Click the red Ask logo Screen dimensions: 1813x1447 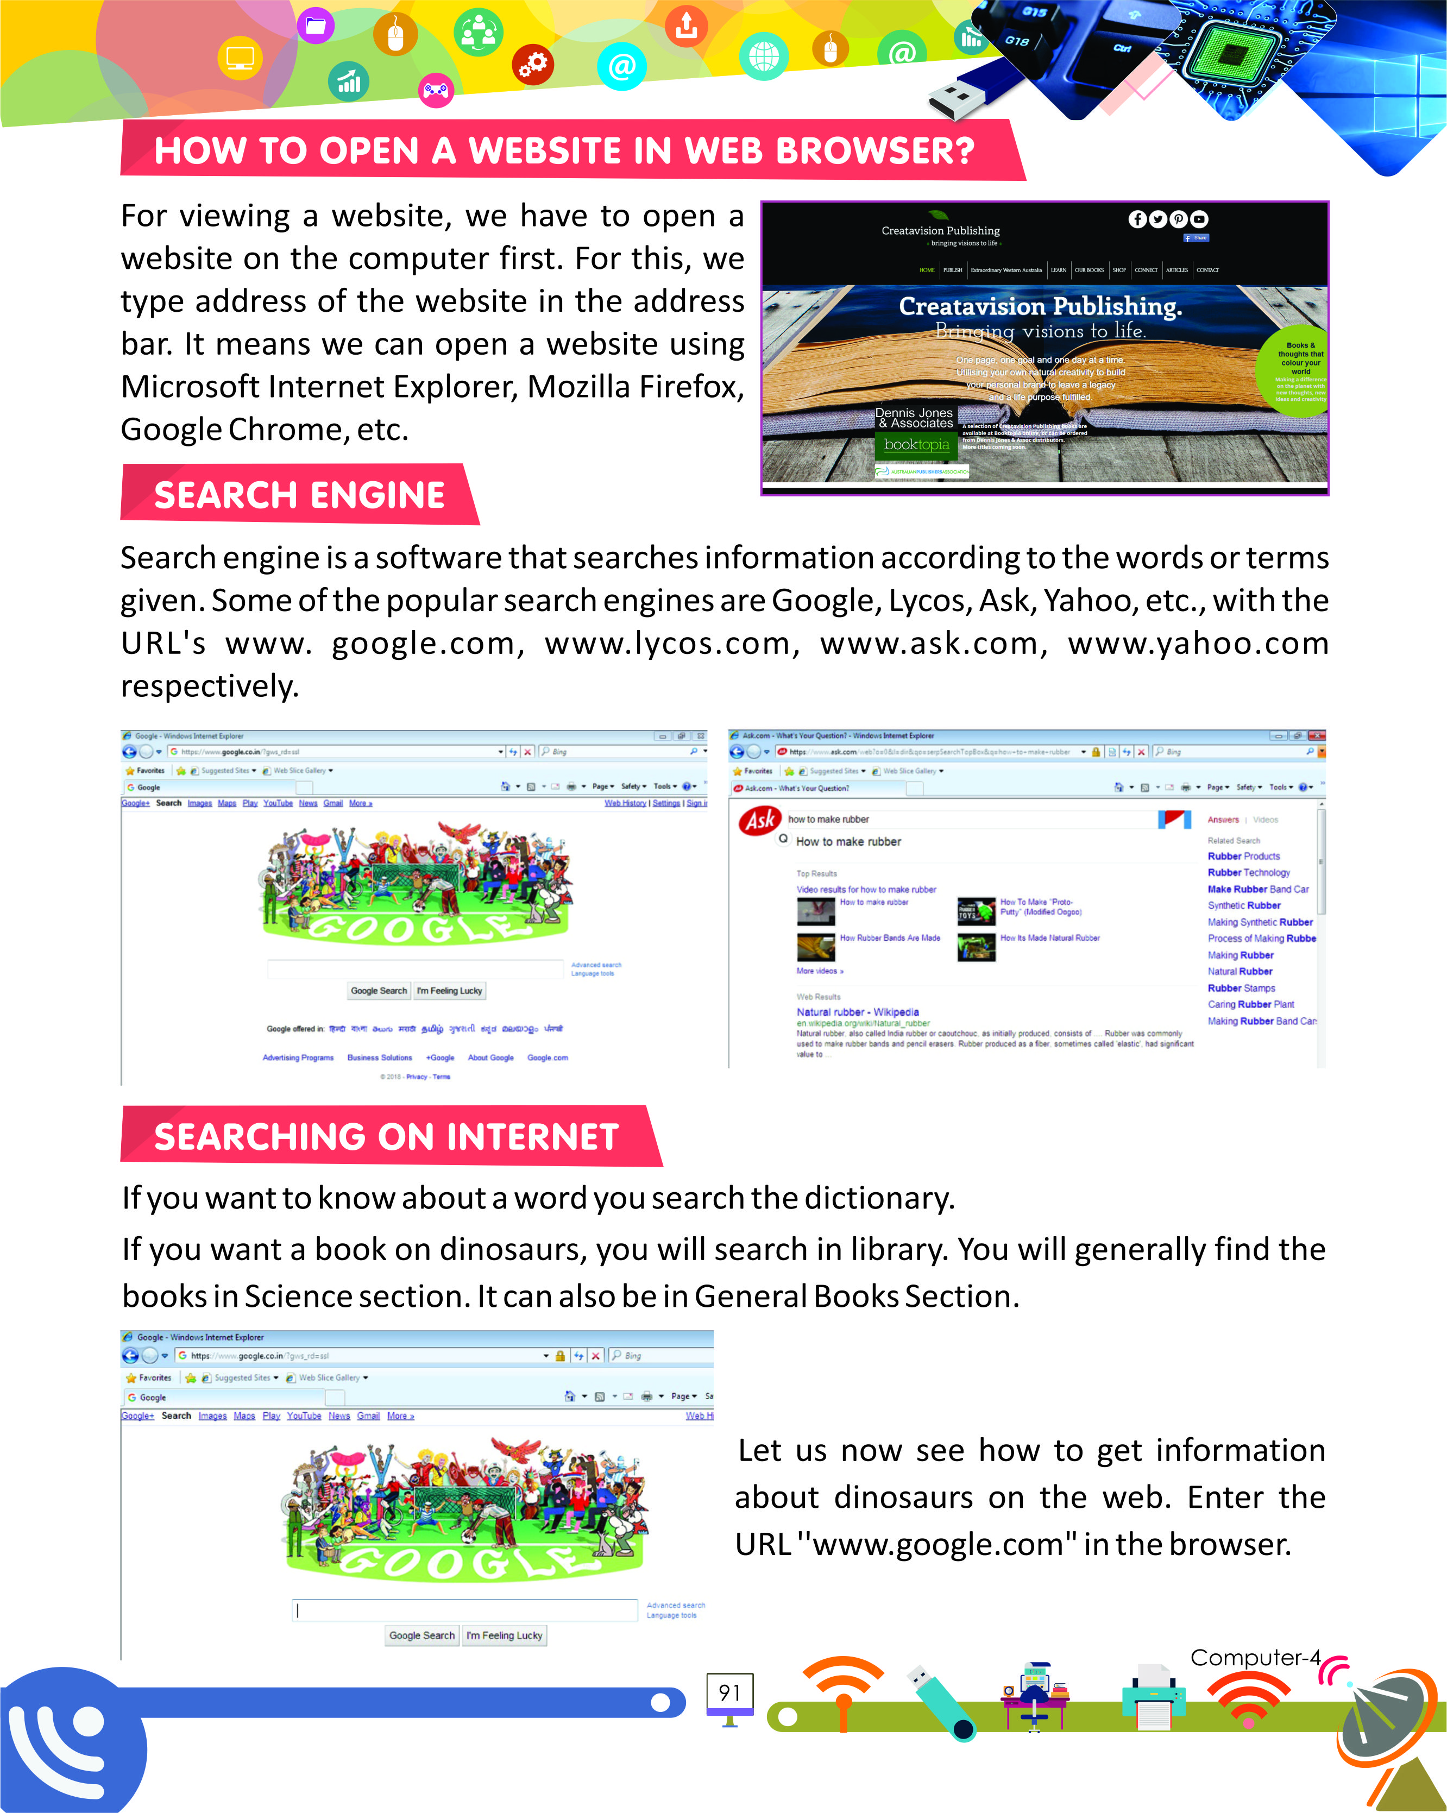click(759, 820)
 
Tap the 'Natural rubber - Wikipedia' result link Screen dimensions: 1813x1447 click(857, 1012)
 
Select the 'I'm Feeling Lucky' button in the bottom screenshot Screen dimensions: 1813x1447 click(505, 1635)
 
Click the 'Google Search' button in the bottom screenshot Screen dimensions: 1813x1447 click(421, 1635)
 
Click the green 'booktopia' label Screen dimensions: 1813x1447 click(916, 445)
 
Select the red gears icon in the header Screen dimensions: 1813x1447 click(533, 64)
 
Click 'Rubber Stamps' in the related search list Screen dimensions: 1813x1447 click(1241, 988)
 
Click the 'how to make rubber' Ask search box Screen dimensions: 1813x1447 click(967, 819)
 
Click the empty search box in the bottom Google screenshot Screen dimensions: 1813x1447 click(465, 1610)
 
